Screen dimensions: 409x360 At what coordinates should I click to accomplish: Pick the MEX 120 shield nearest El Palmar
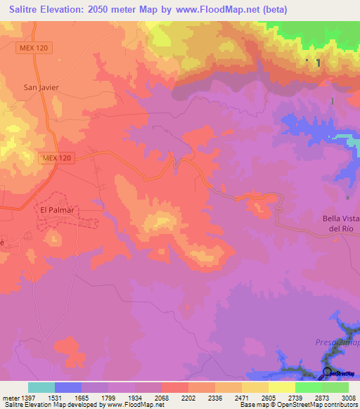[x=56, y=159]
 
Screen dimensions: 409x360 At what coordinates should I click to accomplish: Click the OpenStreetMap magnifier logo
[x=327, y=372]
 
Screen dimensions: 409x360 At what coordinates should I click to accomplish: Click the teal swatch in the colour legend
[x=41, y=387]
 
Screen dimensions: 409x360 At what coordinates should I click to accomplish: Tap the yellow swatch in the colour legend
[x=282, y=387]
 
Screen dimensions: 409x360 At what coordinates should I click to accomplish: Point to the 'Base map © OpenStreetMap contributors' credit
[x=297, y=405]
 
